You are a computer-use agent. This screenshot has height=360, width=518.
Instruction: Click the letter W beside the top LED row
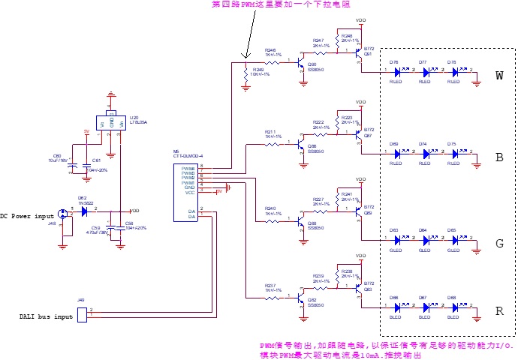[x=499, y=75]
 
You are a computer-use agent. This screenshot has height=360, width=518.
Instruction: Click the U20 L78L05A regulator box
[x=112, y=121]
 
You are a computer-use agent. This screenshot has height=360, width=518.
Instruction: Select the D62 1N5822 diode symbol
[x=84, y=211]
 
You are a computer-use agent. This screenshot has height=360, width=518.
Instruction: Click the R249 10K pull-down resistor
[x=245, y=73]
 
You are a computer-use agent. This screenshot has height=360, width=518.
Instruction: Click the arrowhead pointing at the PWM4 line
[x=245, y=56]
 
